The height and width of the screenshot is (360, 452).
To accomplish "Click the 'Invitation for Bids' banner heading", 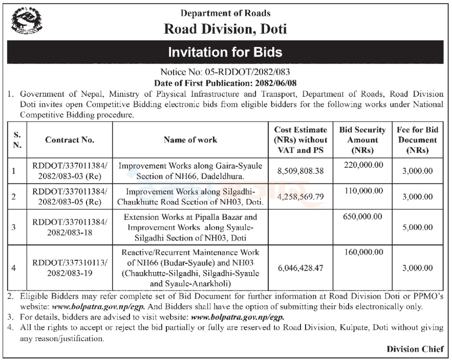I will [225, 52].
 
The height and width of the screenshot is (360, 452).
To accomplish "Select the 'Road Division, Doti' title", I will [225, 29].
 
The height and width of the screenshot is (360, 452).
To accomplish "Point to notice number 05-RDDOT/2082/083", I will [225, 72].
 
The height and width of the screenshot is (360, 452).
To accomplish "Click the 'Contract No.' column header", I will [70, 140].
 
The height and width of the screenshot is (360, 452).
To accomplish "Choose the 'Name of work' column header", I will [190, 140].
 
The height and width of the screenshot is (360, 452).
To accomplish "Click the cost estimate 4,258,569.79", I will [300, 196].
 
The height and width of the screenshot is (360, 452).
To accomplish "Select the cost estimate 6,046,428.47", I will [300, 267].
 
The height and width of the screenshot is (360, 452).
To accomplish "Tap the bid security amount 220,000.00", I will [362, 165].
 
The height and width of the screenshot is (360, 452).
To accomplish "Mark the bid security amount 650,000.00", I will [362, 217].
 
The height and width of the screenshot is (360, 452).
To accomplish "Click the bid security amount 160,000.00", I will [362, 252].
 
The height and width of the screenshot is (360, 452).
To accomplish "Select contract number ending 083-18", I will [70, 228].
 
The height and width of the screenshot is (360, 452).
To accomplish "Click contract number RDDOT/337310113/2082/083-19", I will [70, 267].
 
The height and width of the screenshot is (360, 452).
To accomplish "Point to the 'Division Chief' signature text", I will [415, 349].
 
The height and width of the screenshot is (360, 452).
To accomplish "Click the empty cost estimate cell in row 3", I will [300, 228].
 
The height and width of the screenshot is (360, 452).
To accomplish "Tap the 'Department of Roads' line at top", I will [225, 13].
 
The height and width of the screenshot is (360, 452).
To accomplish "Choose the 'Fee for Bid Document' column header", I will [417, 140].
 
